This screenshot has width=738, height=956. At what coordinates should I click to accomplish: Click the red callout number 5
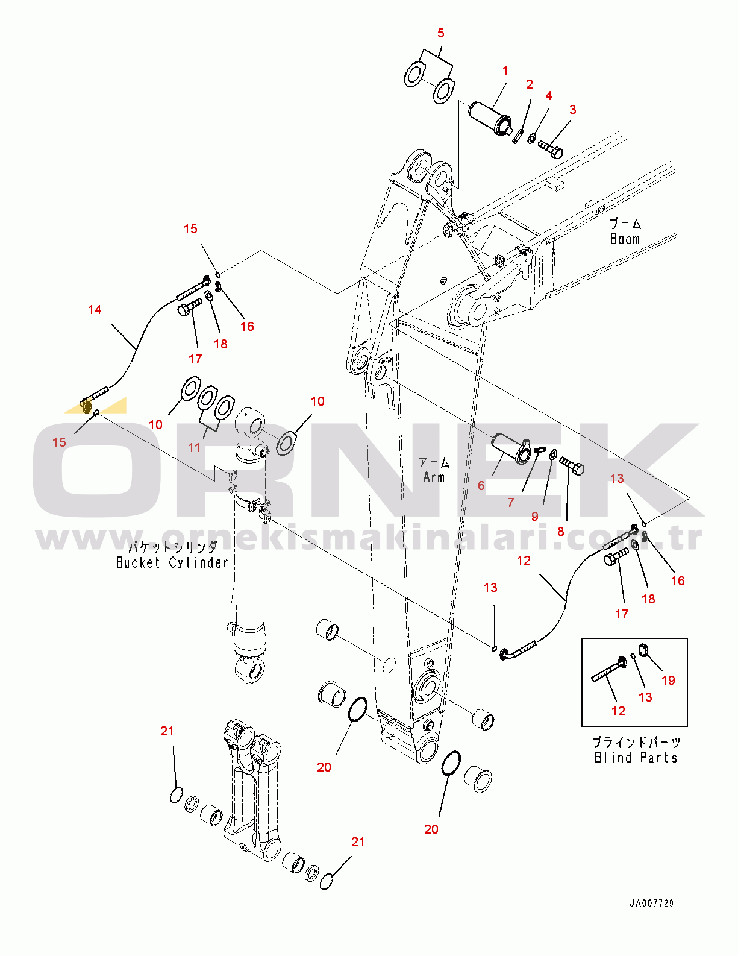click(440, 33)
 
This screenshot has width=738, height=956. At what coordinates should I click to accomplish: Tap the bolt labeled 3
click(551, 149)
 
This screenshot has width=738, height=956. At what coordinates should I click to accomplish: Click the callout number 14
click(95, 310)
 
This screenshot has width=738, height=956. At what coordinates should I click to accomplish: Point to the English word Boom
click(625, 239)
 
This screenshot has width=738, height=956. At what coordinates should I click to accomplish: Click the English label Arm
click(434, 477)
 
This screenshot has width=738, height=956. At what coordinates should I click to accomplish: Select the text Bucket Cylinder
click(172, 563)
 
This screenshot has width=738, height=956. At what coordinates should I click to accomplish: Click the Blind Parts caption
click(636, 758)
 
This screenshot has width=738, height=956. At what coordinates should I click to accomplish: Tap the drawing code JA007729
click(652, 903)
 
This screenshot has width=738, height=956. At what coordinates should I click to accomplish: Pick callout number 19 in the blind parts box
click(668, 681)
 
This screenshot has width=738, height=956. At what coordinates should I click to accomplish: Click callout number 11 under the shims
click(194, 448)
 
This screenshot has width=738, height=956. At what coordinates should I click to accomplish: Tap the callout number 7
click(511, 503)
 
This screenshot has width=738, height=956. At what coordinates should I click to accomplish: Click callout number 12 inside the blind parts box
click(618, 711)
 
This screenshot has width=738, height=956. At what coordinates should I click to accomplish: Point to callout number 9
click(535, 517)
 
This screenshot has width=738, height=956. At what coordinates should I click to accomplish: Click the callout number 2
click(530, 84)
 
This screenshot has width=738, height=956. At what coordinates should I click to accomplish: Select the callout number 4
click(549, 96)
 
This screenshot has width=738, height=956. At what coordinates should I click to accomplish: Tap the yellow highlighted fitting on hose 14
click(86, 406)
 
